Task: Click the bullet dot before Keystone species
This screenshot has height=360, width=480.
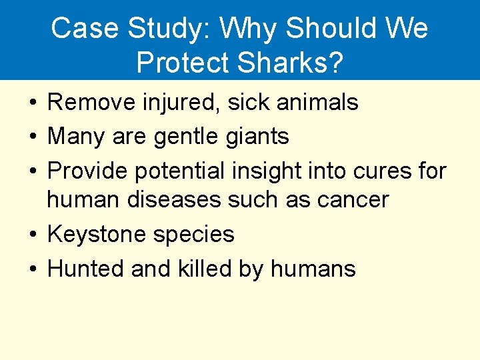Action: tap(33, 235)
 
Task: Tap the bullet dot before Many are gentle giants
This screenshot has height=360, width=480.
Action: tap(33, 137)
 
